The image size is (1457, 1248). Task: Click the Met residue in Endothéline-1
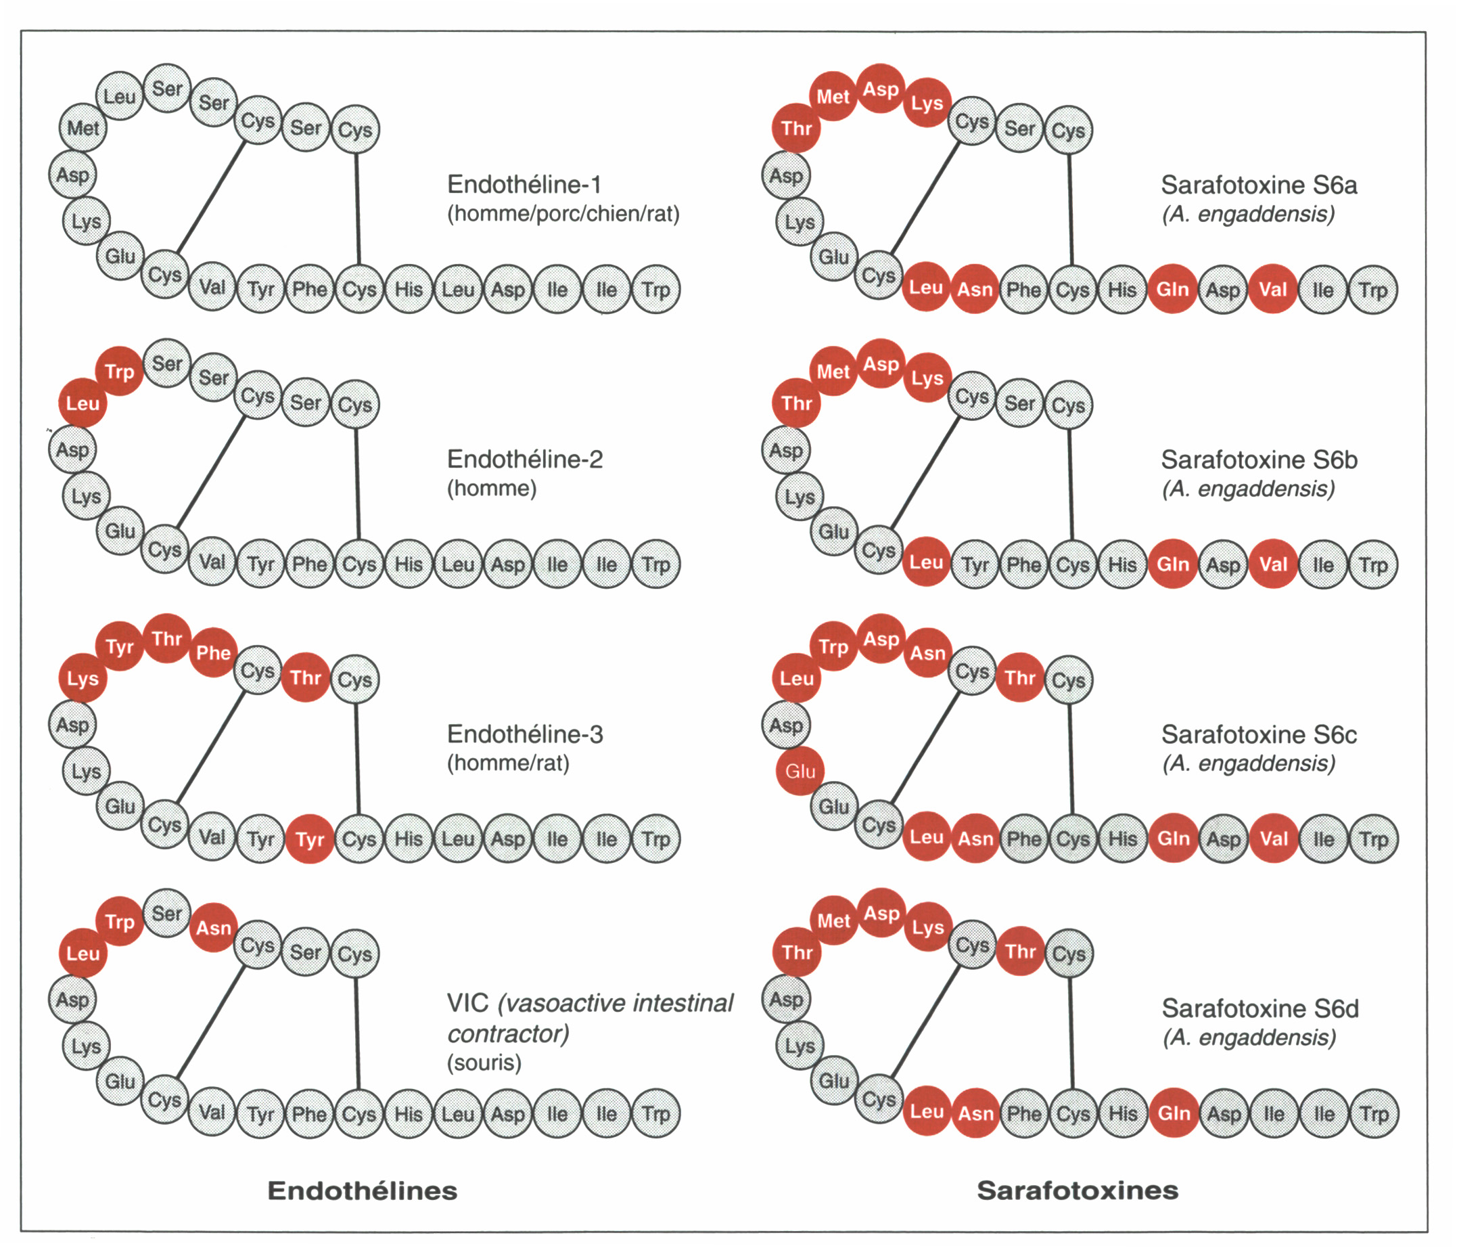tap(83, 128)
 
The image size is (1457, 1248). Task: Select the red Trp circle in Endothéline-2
tap(120, 372)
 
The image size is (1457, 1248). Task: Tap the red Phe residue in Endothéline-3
tap(213, 653)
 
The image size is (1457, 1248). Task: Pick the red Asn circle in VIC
tap(213, 928)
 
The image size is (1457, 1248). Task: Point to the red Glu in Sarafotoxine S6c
tap(800, 771)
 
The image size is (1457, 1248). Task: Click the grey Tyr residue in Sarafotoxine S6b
tap(975, 565)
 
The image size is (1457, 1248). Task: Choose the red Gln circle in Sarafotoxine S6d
tap(1174, 1113)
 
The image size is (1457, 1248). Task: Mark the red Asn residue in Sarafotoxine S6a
tap(975, 289)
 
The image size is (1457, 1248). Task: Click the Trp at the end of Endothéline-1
tap(656, 289)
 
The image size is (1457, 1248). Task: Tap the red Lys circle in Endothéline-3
tap(83, 678)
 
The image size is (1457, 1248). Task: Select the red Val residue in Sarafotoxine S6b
tap(1273, 564)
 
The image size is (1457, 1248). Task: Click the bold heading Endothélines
tap(362, 1190)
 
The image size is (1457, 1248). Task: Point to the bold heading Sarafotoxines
tap(1078, 1190)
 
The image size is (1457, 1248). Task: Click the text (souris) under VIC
tap(484, 1063)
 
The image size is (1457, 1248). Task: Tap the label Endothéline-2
tap(525, 460)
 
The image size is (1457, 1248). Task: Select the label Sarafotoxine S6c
tap(1259, 734)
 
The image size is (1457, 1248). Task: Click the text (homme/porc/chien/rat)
tap(563, 214)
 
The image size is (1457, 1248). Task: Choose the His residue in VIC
tap(409, 1113)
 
